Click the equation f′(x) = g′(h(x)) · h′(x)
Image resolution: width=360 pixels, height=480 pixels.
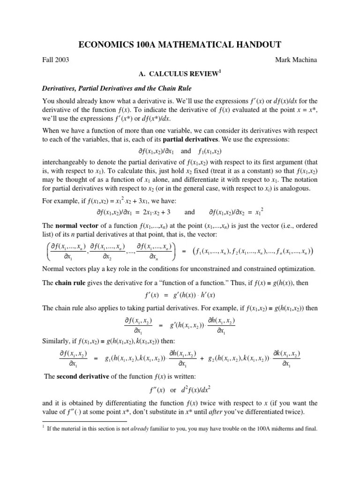(x=180, y=296)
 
